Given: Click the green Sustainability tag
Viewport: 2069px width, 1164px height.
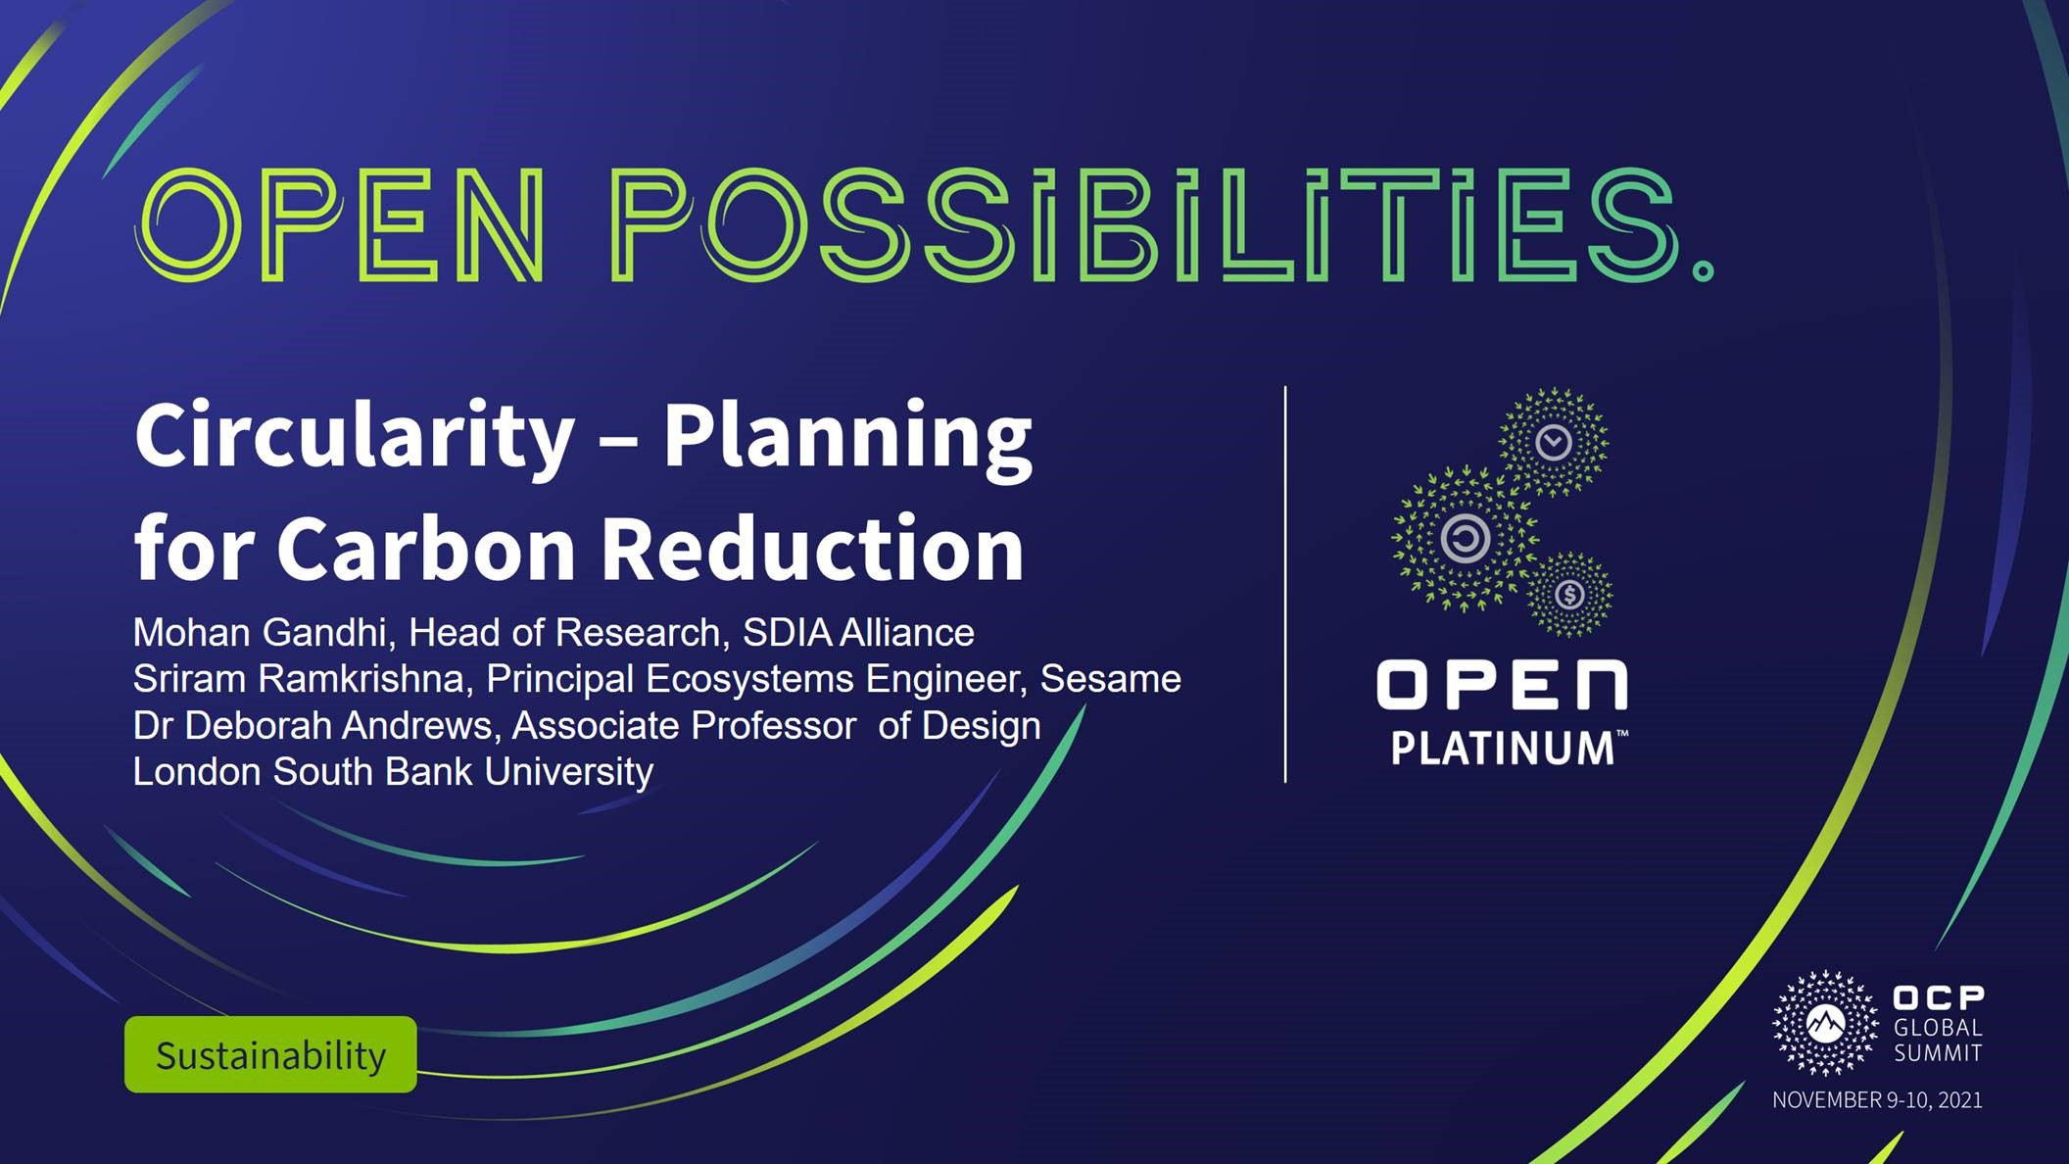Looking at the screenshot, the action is (x=270, y=1054).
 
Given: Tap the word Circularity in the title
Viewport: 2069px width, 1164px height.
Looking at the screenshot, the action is (x=355, y=437).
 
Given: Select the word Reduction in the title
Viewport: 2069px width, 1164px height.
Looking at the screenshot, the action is (x=812, y=549).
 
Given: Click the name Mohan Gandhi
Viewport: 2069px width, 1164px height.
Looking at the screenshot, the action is (x=260, y=633).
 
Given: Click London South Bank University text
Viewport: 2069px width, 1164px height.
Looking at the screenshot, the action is (x=393, y=772).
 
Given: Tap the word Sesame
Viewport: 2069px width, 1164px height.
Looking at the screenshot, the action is (x=1110, y=679).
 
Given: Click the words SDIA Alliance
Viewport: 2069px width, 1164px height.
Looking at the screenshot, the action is (x=858, y=633).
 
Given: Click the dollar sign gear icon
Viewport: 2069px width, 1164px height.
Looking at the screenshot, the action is (x=1569, y=594).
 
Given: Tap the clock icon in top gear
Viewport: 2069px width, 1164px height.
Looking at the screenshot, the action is (x=1554, y=442).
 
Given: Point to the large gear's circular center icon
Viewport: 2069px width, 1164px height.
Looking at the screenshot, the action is (x=1466, y=538).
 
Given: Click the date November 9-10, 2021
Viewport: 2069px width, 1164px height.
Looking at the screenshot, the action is (x=1877, y=1100).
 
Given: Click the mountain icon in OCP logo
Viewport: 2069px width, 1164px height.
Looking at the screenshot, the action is (x=1824, y=1024).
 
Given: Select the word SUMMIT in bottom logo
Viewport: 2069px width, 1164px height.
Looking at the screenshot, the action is (x=1938, y=1053).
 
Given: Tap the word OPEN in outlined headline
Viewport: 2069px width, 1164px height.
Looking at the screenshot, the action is (x=339, y=225).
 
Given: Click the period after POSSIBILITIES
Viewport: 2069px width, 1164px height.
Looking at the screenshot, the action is (x=1703, y=269).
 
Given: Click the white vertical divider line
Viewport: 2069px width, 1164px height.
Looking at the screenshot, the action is (x=1285, y=584).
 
